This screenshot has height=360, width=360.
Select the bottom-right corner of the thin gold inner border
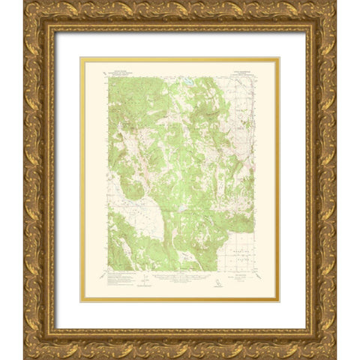(x=278, y=301)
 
